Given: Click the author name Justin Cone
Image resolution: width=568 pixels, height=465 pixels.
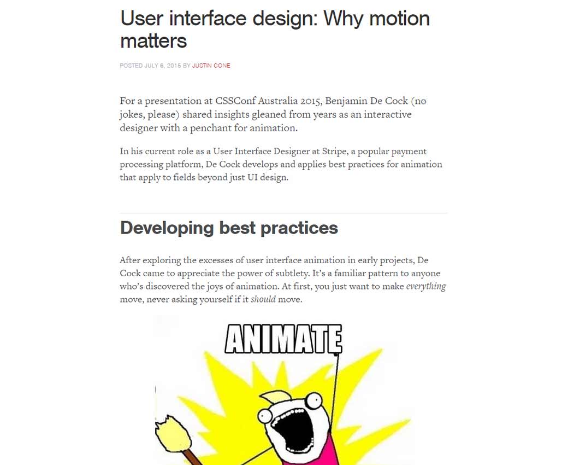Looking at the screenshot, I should click(211, 66).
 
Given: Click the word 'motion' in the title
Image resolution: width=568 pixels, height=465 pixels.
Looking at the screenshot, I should click(399, 18).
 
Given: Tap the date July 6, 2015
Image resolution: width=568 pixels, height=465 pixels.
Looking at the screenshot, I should click(162, 66).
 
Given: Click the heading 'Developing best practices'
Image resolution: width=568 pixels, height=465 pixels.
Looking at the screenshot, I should click(229, 228).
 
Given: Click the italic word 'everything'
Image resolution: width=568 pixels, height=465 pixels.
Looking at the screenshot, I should click(426, 286).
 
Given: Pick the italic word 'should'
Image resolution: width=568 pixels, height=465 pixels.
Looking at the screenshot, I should click(263, 299).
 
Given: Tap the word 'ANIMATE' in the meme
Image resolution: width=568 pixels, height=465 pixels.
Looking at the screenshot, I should click(283, 339).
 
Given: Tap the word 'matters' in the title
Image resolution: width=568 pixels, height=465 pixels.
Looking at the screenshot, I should click(153, 41).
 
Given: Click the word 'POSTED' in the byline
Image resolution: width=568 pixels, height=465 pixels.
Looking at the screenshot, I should click(131, 66).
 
